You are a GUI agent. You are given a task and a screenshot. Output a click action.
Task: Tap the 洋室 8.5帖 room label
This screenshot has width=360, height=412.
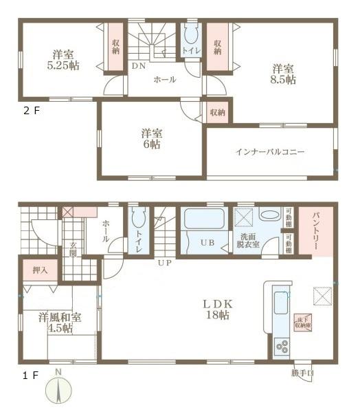tap(282, 74)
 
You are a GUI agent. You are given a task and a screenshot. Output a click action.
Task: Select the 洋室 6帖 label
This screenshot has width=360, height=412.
tap(151, 138)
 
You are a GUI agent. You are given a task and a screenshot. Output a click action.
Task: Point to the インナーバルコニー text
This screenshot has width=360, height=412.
tap(270, 151)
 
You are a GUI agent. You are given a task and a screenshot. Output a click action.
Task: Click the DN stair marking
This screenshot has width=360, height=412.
tap(138, 66)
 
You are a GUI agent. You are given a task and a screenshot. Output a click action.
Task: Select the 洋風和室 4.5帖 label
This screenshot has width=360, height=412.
tap(59, 322)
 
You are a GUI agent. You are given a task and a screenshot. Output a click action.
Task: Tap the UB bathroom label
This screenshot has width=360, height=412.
tap(206, 242)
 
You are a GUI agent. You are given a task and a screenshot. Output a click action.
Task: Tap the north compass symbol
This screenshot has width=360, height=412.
tap(59, 392)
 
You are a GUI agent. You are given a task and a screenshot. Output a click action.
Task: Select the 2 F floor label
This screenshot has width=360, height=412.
tap(32, 110)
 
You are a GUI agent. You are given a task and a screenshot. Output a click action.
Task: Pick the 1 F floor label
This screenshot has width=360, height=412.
tap(30, 375)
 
